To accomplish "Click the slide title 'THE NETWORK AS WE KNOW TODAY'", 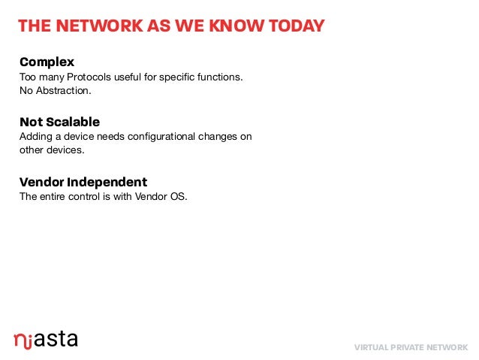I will point(171,27).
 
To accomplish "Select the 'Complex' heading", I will point(47,62).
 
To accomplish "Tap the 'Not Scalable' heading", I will point(59,122).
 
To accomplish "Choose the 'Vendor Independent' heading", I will point(83,183).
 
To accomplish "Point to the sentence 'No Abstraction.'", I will point(55,92).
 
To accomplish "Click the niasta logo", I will point(45,339).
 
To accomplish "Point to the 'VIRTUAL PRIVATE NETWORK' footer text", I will point(411,347).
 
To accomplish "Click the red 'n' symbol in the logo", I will point(20,340).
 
